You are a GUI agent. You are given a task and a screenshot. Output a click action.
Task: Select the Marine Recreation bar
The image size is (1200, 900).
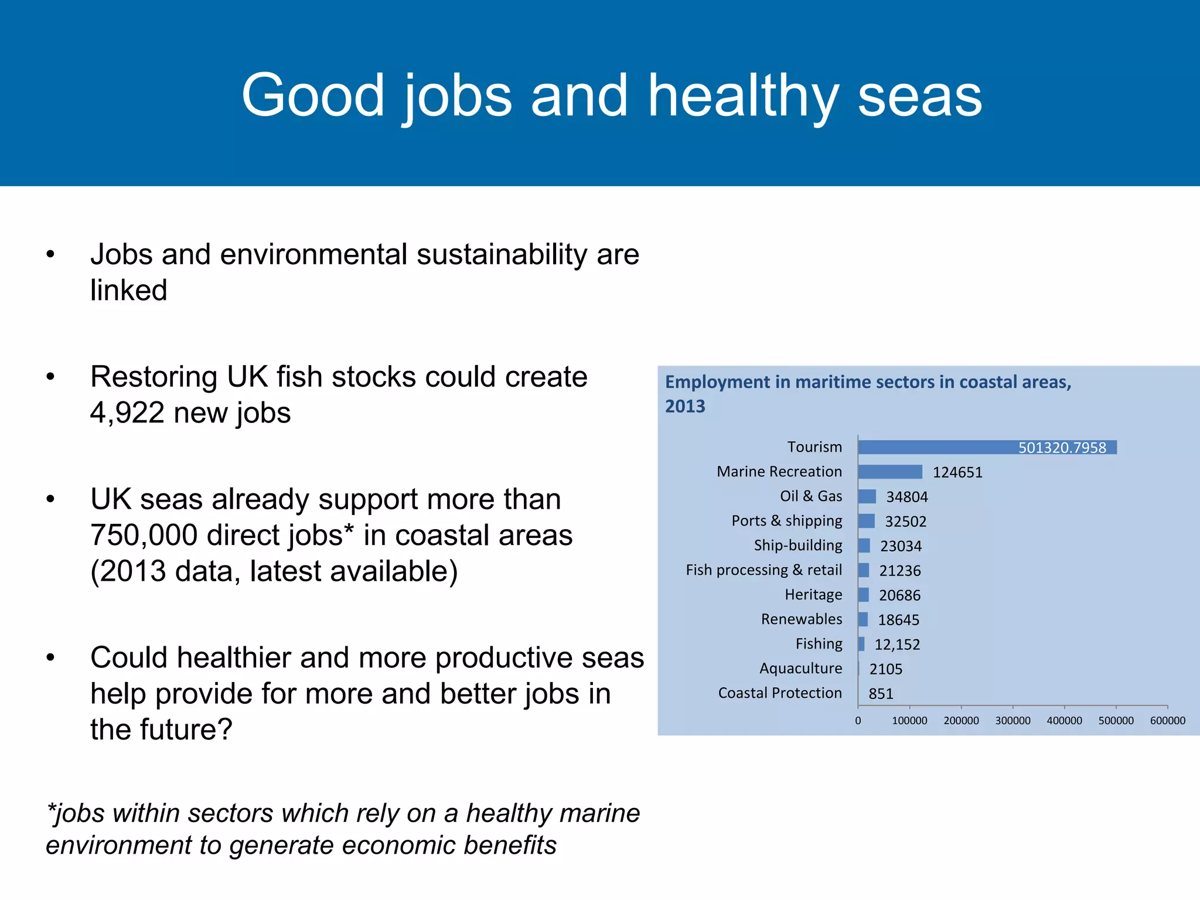[x=890, y=472]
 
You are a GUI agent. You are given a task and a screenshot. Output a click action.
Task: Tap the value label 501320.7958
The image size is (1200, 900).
[x=1062, y=448]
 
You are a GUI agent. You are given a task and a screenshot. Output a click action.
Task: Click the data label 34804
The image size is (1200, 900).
[x=906, y=497]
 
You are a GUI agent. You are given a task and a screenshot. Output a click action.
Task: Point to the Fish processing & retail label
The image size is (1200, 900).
[x=763, y=570]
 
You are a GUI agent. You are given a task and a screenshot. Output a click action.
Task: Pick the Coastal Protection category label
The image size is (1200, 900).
[x=779, y=693]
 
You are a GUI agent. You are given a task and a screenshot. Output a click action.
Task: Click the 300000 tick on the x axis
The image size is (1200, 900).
[x=1012, y=720]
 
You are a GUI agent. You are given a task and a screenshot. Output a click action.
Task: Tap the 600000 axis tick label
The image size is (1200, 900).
[x=1167, y=720]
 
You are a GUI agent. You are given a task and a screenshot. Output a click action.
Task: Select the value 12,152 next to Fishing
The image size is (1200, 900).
[x=897, y=645]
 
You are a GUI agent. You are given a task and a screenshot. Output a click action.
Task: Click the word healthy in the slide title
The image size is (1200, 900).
[x=743, y=97]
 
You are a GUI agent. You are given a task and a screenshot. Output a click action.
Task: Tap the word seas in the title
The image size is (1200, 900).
[x=919, y=97]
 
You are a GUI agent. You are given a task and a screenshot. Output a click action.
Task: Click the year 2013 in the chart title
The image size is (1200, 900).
[x=685, y=406]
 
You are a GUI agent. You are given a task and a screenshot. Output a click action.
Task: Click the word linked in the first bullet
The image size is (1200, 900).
[x=129, y=291]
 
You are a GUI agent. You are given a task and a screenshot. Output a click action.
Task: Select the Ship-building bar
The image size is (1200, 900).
[x=864, y=546]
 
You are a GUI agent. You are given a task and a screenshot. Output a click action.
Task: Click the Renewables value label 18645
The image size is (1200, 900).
[x=898, y=620]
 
